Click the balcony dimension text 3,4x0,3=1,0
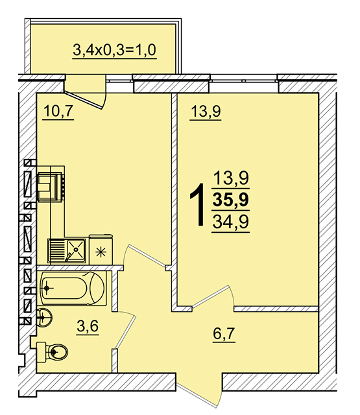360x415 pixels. pos(114,50)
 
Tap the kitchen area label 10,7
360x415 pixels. pos(58,111)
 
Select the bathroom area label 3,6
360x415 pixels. pos(88,326)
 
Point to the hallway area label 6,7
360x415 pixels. pos(224,333)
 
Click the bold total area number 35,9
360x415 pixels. pos(230,200)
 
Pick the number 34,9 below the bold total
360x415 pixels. pos(230,222)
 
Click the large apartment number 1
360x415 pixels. pos(197,205)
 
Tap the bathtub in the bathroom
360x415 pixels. pos(71,288)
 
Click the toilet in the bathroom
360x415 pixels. pos(53,351)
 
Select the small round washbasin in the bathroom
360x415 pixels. pos(44,317)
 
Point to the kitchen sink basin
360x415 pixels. pos(76,249)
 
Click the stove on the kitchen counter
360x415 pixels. pos(51,187)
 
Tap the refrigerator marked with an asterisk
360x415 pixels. pos(101,250)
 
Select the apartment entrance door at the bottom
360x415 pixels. pos(199,391)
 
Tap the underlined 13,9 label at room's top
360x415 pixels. pos(206,111)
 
